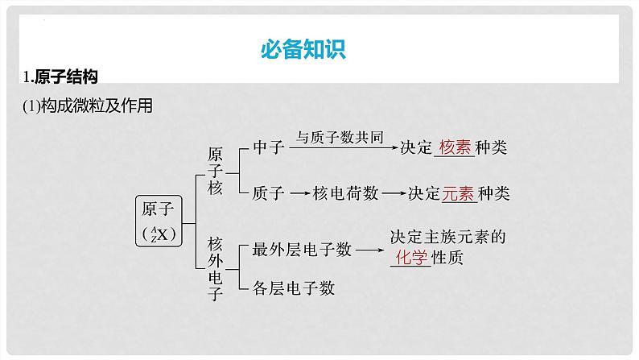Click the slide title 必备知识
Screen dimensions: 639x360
point(303,49)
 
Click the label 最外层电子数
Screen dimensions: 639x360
point(302,250)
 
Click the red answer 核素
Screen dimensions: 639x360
point(455,149)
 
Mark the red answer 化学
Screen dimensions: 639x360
point(410,258)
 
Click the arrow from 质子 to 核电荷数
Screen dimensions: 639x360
point(299,193)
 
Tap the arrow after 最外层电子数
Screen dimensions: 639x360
point(369,250)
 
